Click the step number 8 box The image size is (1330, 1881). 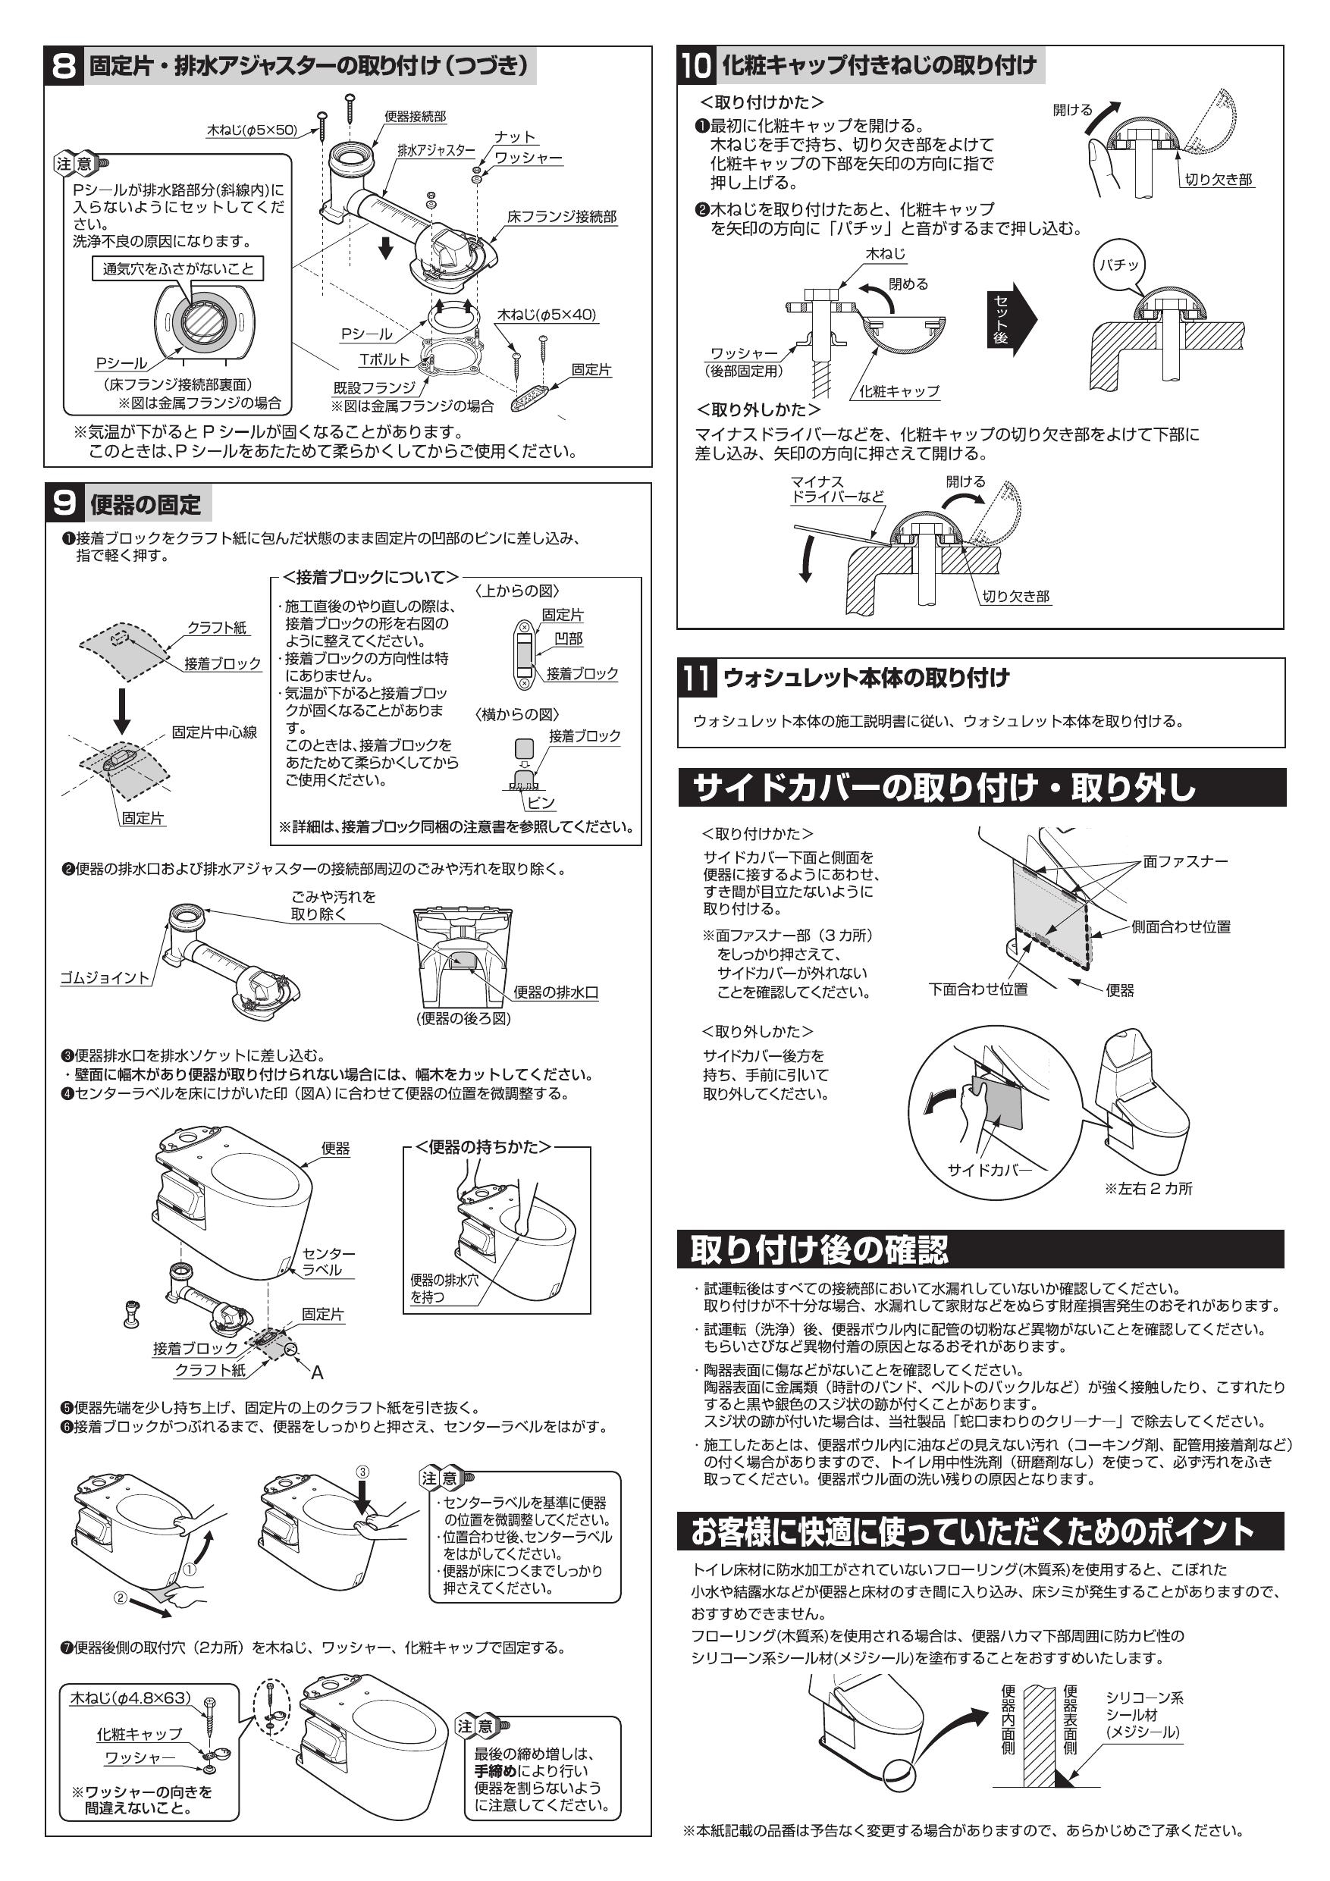64,65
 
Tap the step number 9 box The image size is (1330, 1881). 64,503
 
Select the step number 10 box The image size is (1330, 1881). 696,65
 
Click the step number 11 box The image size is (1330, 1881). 697,678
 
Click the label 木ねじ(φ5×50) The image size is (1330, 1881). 252,130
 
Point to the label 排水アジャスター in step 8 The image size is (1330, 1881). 436,151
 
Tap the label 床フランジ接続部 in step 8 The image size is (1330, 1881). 561,217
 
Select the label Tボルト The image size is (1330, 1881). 384,359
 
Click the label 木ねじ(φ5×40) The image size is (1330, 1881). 547,315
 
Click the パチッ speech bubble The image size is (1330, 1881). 1119,265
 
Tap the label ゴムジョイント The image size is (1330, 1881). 105,978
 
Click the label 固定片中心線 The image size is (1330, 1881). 214,732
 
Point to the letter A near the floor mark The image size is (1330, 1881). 317,1372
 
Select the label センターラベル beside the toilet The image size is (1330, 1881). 328,1262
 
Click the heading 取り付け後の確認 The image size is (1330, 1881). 819,1250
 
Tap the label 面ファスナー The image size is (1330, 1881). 1185,861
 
